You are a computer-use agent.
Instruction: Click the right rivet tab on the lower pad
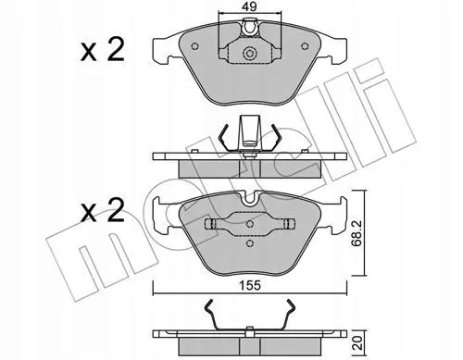tap(289, 224)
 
